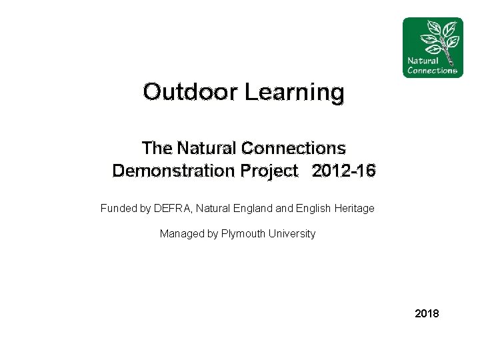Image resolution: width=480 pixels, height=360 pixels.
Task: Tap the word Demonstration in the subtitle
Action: pyautogui.click(x=170, y=171)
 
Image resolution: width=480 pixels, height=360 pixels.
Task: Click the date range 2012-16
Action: pyautogui.click(x=343, y=171)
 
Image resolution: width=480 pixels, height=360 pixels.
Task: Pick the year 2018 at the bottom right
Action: pyautogui.click(x=427, y=313)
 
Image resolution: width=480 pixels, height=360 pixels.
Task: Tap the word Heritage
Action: pyautogui.click(x=353, y=209)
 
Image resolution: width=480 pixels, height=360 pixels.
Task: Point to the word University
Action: pyautogui.click(x=292, y=234)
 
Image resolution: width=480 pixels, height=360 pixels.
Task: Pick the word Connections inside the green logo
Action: pyautogui.click(x=432, y=71)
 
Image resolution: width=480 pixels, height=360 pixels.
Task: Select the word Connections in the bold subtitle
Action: pyautogui.click(x=293, y=148)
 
